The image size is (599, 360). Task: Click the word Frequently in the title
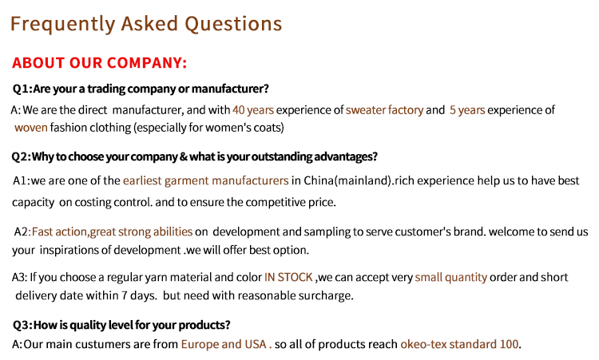(62, 25)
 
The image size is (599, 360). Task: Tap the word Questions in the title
(233, 25)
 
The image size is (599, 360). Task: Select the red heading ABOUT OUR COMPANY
(99, 62)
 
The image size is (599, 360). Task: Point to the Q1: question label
(22, 89)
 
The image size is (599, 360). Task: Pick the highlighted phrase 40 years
(253, 110)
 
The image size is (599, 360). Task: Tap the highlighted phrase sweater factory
(384, 110)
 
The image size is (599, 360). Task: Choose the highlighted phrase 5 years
(467, 110)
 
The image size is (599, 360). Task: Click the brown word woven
(31, 128)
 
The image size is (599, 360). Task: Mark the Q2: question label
(22, 156)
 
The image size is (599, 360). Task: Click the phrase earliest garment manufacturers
(205, 180)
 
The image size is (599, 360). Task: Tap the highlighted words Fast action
(59, 231)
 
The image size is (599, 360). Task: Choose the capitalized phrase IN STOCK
(288, 277)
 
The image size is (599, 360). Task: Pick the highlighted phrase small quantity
(450, 277)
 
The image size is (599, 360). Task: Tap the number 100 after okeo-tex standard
(510, 344)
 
